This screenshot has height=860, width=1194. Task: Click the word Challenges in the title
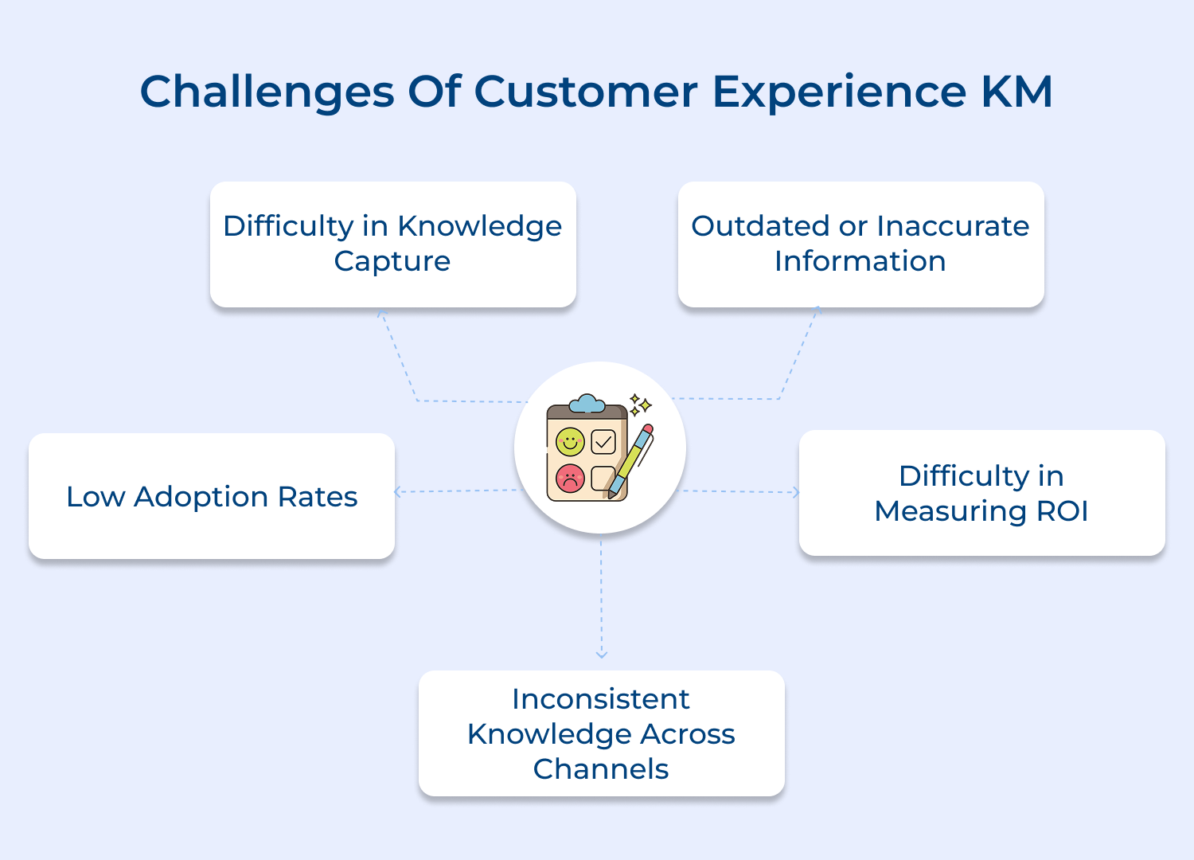(267, 92)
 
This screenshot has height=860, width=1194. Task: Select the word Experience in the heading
(838, 92)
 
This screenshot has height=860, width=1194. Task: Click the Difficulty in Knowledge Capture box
(392, 244)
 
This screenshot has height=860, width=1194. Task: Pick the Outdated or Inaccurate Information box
(860, 244)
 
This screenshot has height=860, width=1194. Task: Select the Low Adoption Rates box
(212, 496)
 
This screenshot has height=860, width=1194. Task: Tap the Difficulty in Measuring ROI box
(981, 493)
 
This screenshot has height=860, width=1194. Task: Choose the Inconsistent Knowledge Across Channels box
(601, 733)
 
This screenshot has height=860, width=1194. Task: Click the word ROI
(1062, 511)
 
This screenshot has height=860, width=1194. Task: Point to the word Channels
(601, 769)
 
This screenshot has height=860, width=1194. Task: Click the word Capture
(392, 261)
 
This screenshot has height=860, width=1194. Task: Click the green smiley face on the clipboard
(570, 440)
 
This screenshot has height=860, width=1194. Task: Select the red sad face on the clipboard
(570, 479)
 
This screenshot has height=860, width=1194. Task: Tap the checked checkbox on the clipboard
(603, 441)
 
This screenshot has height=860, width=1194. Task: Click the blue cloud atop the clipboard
(587, 404)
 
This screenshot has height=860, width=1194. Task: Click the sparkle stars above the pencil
(640, 405)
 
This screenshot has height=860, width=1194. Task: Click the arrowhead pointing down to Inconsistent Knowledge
(601, 655)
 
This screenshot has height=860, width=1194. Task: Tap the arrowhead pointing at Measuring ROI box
(795, 492)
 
